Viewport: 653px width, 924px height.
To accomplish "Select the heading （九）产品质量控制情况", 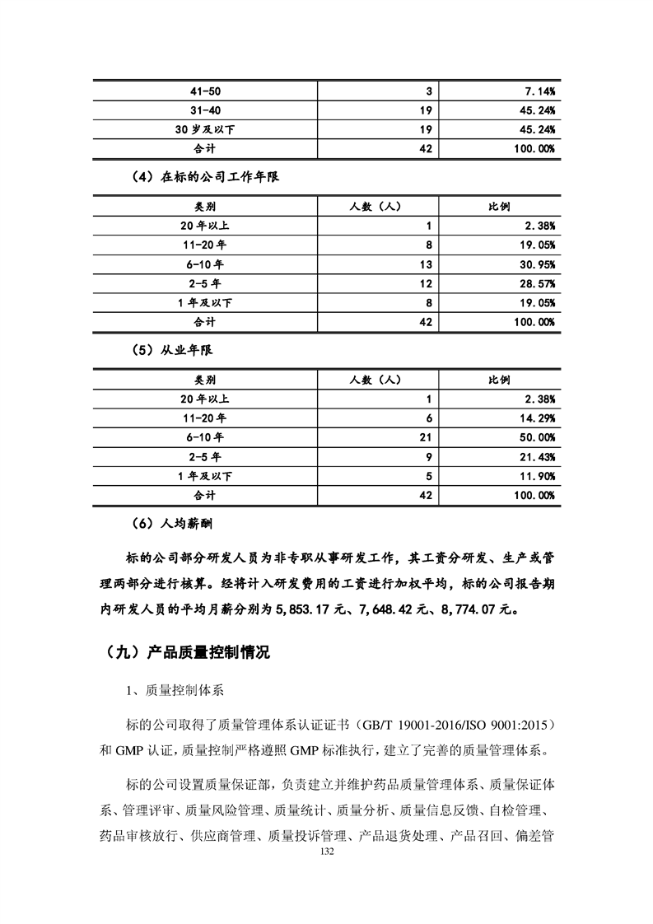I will pyautogui.click(x=188, y=653).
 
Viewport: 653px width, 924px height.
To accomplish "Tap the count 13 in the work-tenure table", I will pyautogui.click(x=425, y=264).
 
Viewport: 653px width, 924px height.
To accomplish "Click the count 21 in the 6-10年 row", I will pyautogui.click(x=425, y=437).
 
